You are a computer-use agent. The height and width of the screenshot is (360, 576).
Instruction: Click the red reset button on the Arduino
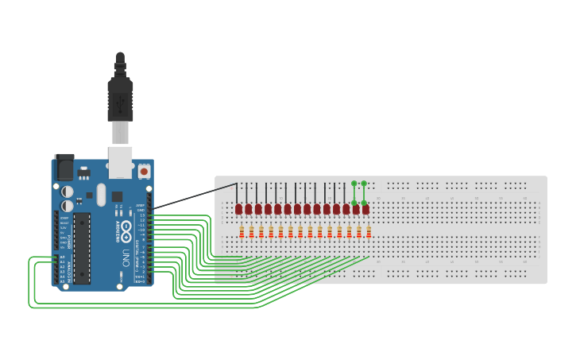(x=144, y=170)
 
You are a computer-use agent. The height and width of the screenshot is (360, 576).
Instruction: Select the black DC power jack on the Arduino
(x=64, y=166)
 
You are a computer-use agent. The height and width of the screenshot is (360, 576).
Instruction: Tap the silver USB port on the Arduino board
(x=120, y=161)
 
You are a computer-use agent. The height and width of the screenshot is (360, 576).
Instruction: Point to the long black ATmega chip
(x=83, y=247)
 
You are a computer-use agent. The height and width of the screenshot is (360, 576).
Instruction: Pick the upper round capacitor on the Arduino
(x=68, y=192)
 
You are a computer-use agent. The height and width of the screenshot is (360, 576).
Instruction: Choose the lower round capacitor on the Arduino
(x=68, y=205)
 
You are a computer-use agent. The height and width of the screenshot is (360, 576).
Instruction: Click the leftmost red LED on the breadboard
(x=238, y=209)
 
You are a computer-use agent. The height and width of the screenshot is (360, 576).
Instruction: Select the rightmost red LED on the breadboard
(x=365, y=209)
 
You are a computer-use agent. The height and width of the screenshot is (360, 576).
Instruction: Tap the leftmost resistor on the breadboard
(x=242, y=232)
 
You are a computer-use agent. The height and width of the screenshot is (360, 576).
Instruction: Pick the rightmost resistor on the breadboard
(x=369, y=232)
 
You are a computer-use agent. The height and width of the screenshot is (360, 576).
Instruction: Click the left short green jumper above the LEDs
(x=354, y=192)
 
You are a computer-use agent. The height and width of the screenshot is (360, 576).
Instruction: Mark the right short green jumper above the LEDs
(x=364, y=192)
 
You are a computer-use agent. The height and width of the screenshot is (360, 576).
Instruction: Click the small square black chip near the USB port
(x=117, y=196)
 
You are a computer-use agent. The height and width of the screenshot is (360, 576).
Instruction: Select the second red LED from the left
(x=248, y=209)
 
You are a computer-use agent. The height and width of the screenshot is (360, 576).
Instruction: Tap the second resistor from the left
(x=251, y=232)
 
